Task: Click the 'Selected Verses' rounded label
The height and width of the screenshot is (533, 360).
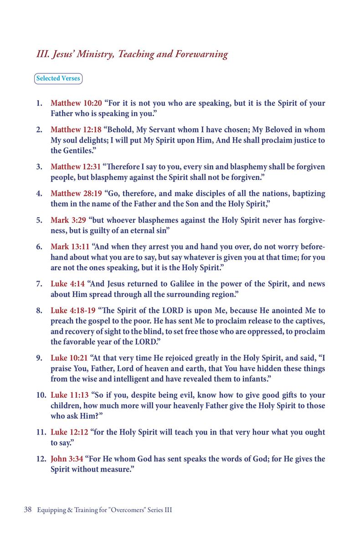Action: (x=58, y=78)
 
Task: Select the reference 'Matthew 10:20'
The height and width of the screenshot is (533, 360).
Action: (x=76, y=103)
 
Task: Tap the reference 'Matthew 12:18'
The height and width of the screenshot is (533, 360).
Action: (x=76, y=130)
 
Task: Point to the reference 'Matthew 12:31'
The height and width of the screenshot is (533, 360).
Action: (x=76, y=167)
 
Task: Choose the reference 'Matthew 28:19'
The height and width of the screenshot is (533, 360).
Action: (x=76, y=193)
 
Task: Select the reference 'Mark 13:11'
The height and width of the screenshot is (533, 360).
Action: (x=70, y=247)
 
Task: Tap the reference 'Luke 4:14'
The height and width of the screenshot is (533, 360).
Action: (x=67, y=284)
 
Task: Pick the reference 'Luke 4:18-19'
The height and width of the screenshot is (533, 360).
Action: (x=72, y=311)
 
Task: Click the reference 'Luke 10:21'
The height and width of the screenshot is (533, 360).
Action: (x=69, y=358)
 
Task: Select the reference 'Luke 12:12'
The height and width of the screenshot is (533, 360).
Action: (x=69, y=432)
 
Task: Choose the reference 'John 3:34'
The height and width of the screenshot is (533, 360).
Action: (x=66, y=459)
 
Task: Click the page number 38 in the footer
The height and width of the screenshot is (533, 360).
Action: (x=27, y=510)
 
